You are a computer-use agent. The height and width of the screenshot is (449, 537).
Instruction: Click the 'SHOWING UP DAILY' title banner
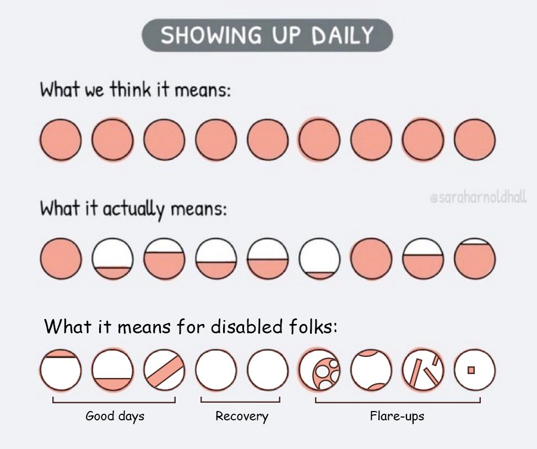[x=268, y=36]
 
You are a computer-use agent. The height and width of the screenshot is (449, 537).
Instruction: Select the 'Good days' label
[x=115, y=416]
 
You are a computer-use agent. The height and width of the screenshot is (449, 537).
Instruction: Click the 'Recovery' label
[x=241, y=416]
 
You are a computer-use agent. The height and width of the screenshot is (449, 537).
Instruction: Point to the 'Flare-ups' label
[x=397, y=416]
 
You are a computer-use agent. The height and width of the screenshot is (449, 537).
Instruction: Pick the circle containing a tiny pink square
[x=474, y=370]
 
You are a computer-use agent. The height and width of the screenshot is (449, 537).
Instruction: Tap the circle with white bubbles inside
[x=319, y=370]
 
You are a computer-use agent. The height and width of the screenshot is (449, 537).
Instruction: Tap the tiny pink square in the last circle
[x=471, y=370]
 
